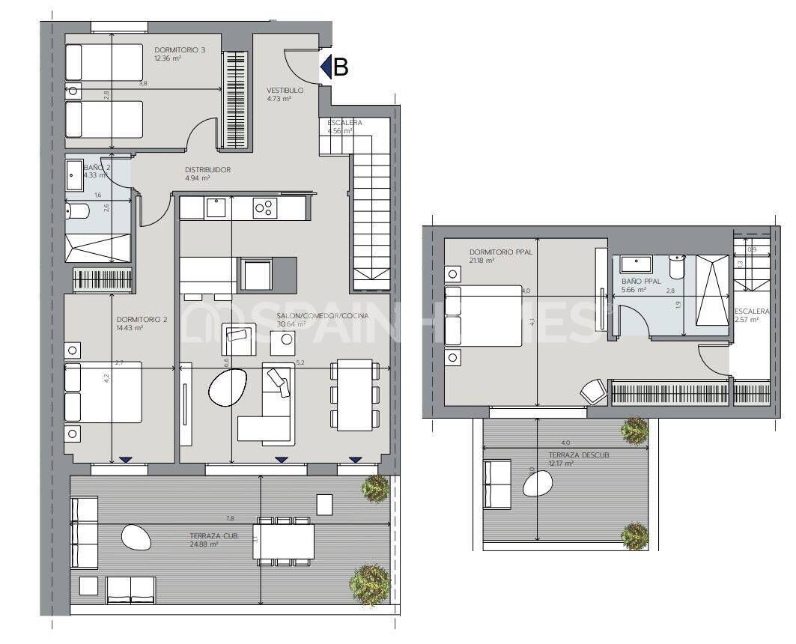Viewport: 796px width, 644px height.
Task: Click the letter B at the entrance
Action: (341, 67)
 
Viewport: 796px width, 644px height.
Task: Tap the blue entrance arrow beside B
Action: (326, 67)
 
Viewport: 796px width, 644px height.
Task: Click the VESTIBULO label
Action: (285, 91)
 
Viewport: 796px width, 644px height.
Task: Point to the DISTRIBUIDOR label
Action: (207, 170)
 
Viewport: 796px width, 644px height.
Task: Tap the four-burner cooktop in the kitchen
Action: (264, 207)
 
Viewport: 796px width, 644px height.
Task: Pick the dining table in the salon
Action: (354, 395)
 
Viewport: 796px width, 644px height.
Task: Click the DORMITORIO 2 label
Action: (141, 320)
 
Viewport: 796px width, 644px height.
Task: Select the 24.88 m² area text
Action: (203, 544)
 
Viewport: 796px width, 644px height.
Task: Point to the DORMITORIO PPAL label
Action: (501, 252)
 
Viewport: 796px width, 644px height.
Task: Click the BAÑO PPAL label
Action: (640, 282)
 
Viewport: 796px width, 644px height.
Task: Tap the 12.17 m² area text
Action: (561, 463)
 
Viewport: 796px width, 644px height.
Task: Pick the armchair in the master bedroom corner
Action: (594, 390)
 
